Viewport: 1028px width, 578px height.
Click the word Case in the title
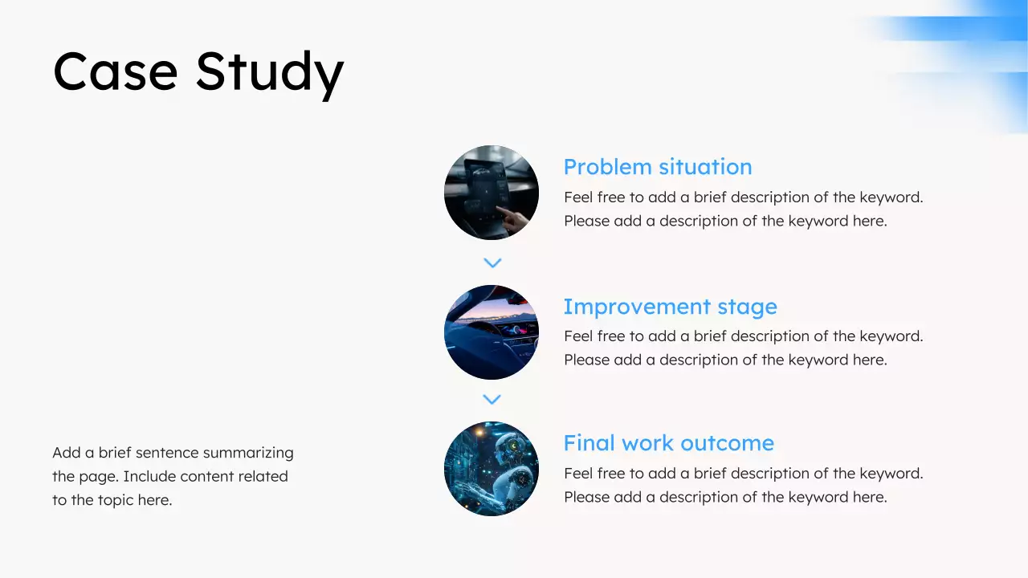(x=115, y=71)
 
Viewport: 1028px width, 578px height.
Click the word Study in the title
(x=270, y=75)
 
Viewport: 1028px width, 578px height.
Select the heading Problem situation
(x=658, y=167)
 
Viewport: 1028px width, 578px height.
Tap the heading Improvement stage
(x=670, y=307)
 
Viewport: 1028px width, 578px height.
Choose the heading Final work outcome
(x=669, y=443)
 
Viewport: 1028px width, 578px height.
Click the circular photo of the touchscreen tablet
(x=492, y=193)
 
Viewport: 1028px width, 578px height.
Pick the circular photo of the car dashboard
(x=492, y=332)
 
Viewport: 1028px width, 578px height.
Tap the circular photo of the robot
(x=492, y=469)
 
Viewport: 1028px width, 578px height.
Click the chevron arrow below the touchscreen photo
(x=492, y=263)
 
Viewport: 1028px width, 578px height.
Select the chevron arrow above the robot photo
(x=492, y=400)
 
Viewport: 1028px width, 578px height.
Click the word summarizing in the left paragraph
(x=248, y=454)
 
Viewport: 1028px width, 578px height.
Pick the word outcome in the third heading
(x=728, y=443)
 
